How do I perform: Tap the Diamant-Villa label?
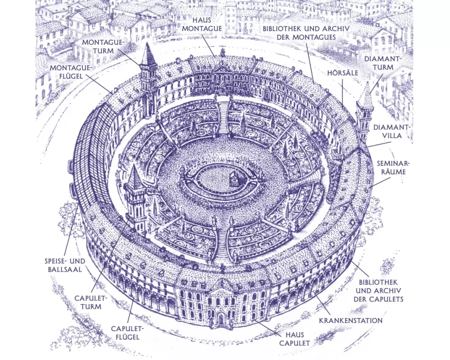[391, 132]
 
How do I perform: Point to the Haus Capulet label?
[295, 339]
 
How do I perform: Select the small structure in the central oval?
[233, 179]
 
